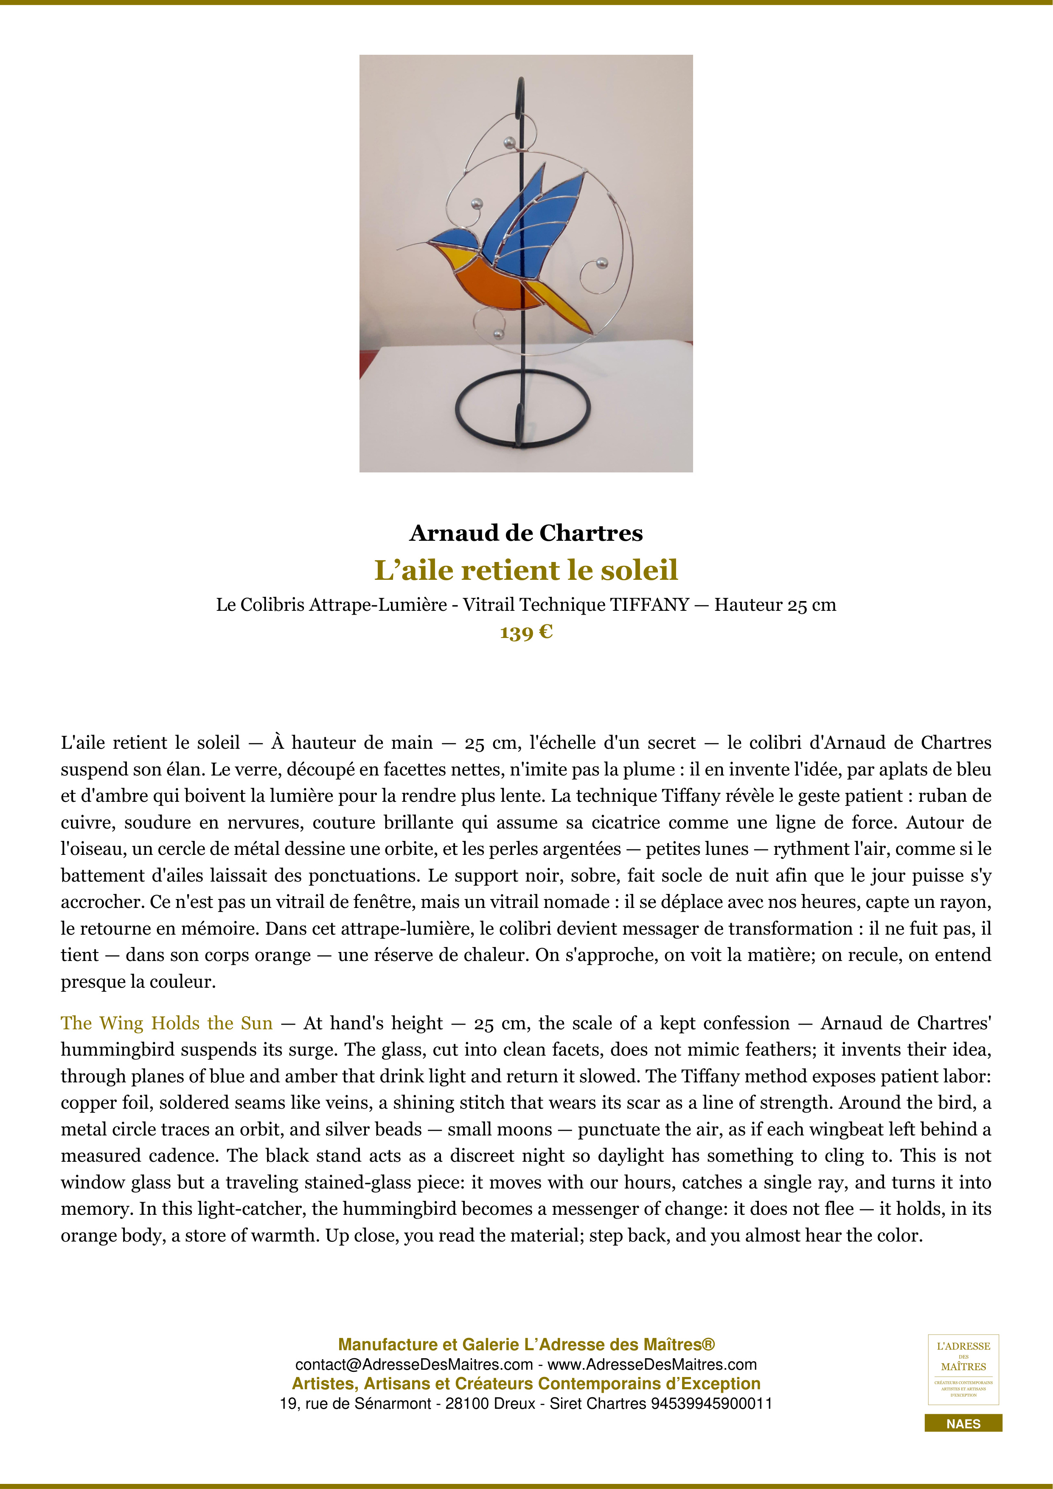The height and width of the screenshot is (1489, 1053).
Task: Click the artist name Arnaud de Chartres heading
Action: coord(526,533)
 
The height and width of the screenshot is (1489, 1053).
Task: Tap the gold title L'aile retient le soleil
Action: coord(526,570)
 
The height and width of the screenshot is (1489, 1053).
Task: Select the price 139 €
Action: coord(526,632)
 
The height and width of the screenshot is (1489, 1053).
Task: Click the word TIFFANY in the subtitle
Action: coord(649,605)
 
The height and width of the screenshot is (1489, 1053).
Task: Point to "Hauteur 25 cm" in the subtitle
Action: coord(775,605)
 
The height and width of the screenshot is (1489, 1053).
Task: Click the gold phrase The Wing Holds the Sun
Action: coord(167,1023)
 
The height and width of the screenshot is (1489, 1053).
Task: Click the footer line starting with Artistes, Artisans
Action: coord(526,1384)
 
